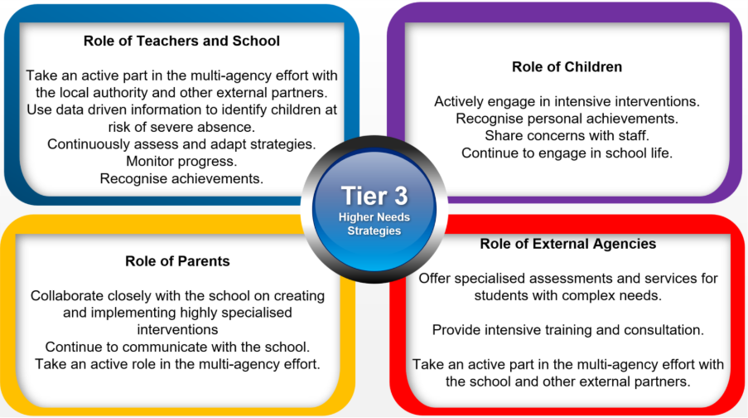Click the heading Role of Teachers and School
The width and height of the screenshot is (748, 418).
click(x=181, y=41)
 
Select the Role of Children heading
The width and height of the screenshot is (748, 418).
click(x=567, y=67)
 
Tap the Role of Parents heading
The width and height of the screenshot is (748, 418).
click(x=177, y=261)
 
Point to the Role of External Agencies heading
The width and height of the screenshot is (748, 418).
click(x=567, y=244)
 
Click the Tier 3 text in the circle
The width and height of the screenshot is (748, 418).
click(x=374, y=196)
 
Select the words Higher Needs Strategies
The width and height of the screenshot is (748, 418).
click(x=374, y=224)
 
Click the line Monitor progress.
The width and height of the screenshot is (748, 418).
click(x=181, y=162)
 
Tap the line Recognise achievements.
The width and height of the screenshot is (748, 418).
click(x=181, y=178)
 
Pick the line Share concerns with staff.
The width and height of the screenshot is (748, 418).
click(x=567, y=136)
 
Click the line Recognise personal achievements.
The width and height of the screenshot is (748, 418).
click(x=567, y=119)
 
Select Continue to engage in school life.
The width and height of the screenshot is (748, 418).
click(x=567, y=153)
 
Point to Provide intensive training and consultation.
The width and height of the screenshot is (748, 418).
click(x=567, y=330)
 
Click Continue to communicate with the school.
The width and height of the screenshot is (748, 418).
click(x=177, y=347)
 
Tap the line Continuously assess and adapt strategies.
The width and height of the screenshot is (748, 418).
click(x=181, y=144)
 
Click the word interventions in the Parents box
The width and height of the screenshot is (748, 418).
click(x=177, y=329)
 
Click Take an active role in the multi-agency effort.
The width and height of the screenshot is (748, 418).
click(x=177, y=364)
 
